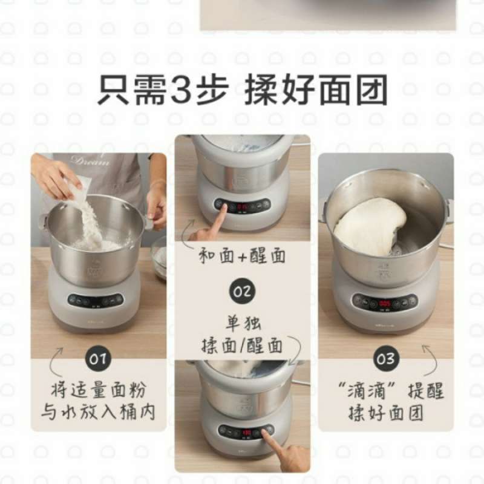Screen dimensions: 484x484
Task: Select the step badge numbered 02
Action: (x=242, y=292)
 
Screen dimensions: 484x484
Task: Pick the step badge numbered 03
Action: (x=385, y=359)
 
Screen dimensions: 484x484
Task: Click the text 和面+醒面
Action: (x=242, y=256)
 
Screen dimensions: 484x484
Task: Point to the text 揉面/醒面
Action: (x=242, y=345)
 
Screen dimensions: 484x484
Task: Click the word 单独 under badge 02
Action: (x=242, y=324)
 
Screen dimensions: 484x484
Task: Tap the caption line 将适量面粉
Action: (x=99, y=390)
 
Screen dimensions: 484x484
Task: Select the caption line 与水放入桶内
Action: (x=99, y=413)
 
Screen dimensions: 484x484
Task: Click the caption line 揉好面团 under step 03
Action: (x=385, y=413)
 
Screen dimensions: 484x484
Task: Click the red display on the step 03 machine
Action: (x=385, y=302)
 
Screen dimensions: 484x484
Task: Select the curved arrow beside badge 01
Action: (x=57, y=357)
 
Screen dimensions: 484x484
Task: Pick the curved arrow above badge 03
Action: (x=431, y=357)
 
